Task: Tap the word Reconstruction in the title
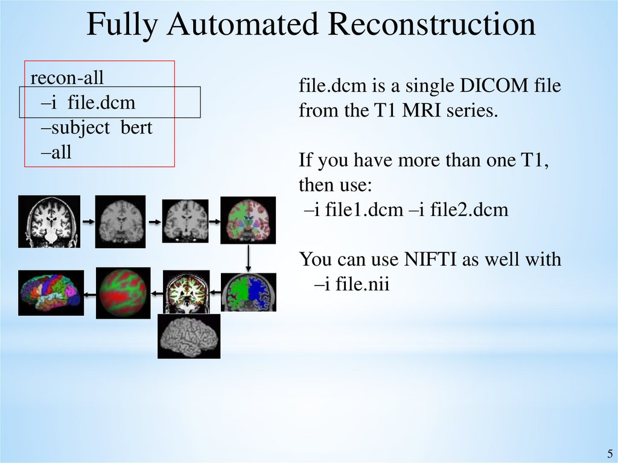coord(433,24)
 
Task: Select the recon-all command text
coord(67,78)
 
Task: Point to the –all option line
coord(57,152)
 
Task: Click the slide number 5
coord(609,454)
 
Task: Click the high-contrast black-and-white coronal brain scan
coord(49,222)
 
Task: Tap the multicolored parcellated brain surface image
coord(49,293)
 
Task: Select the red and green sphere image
coord(123,293)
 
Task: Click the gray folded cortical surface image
coord(188,336)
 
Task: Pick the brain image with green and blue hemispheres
coord(248,293)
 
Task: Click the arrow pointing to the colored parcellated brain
coord(89,294)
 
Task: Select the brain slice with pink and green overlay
coord(248,221)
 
